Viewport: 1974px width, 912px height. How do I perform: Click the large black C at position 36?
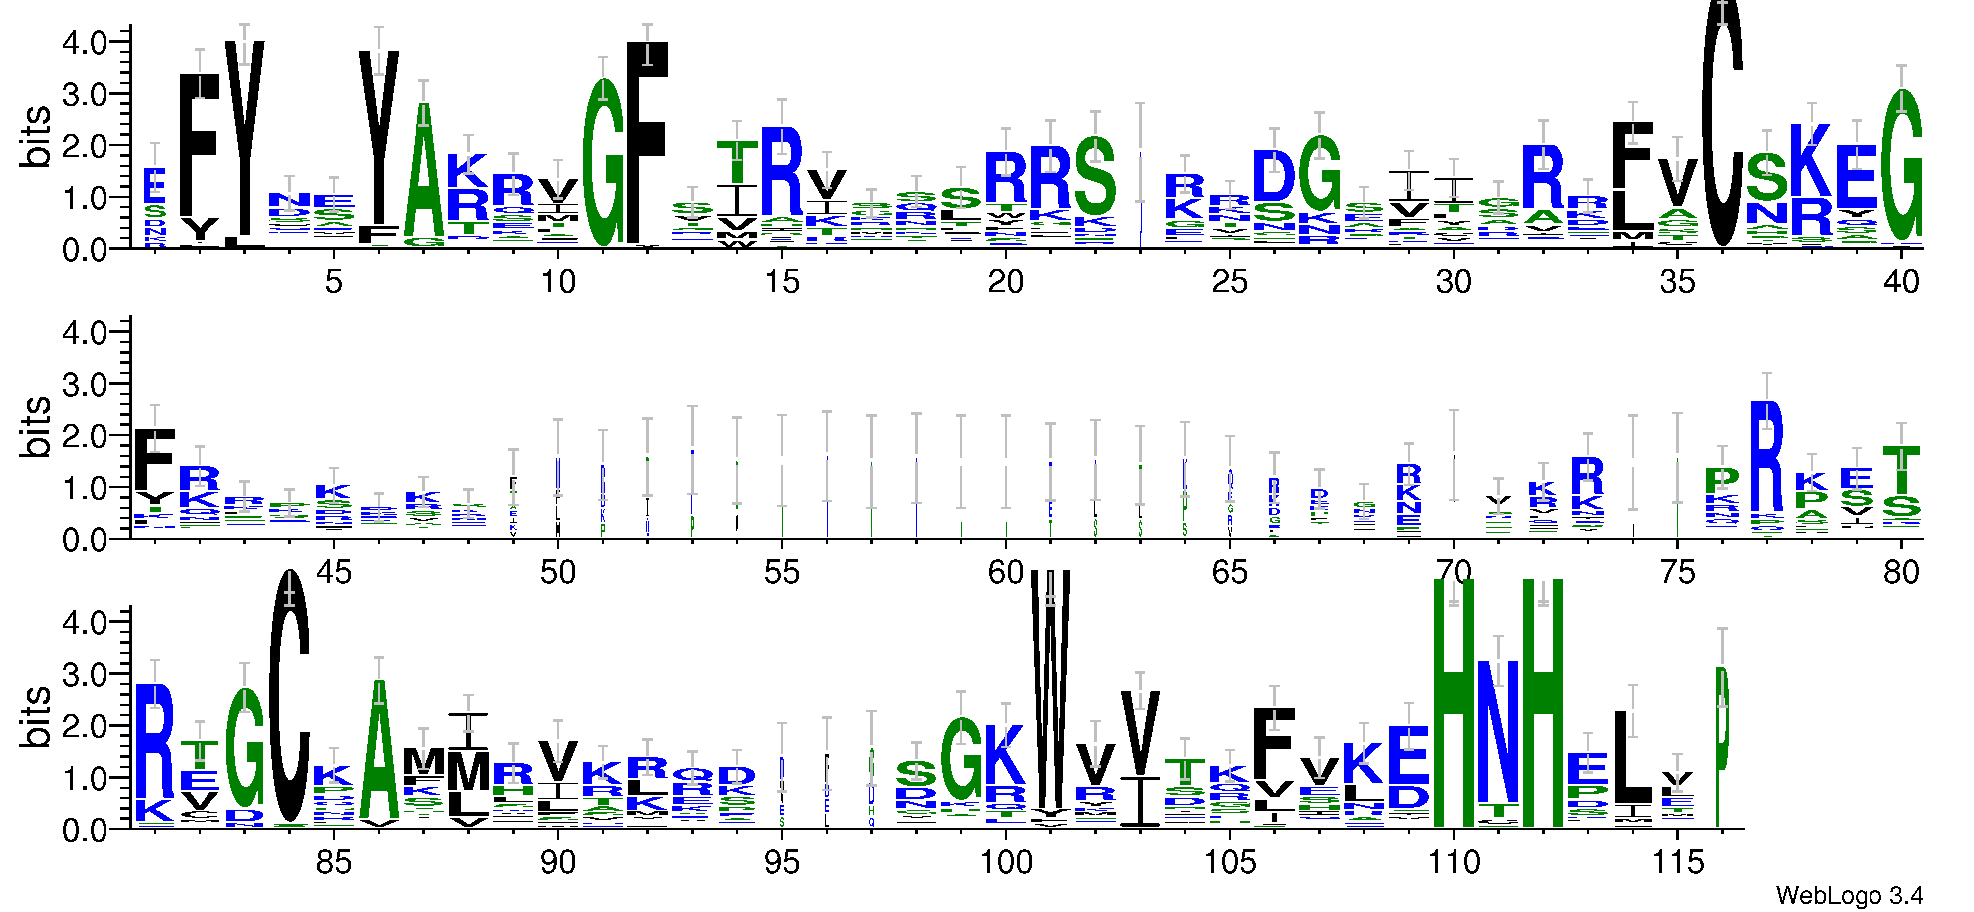(1722, 122)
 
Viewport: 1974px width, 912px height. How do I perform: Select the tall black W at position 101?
(1050, 690)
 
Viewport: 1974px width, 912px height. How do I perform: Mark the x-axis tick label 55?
(782, 573)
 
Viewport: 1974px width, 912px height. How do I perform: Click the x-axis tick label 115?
(1677, 863)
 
